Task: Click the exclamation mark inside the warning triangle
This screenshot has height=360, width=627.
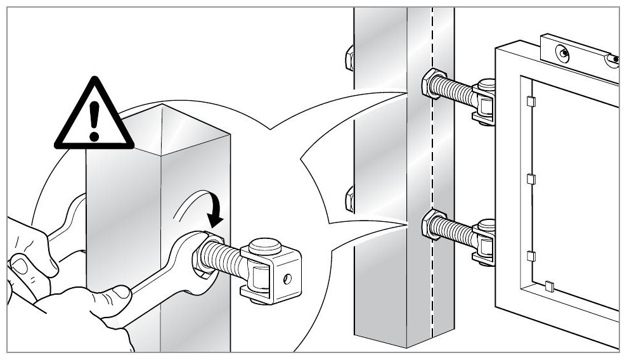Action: pyautogui.click(x=94, y=121)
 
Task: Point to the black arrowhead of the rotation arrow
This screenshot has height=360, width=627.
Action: pyautogui.click(x=216, y=219)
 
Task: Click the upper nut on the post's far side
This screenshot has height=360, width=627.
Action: pyautogui.click(x=349, y=59)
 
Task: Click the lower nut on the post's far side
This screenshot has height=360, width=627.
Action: pyautogui.click(x=349, y=200)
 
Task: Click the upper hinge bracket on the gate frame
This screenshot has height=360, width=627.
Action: pyautogui.click(x=485, y=101)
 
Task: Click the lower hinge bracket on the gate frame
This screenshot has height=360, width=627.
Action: pyautogui.click(x=485, y=242)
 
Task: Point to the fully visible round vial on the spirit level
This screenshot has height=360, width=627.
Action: pyautogui.click(x=563, y=53)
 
